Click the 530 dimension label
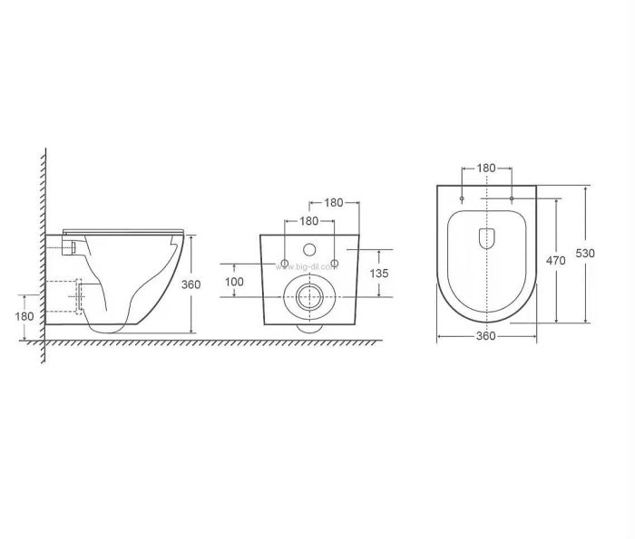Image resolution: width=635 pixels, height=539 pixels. click(x=585, y=254)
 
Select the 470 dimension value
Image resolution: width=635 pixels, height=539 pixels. click(x=555, y=261)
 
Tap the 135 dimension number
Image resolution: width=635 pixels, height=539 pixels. click(x=379, y=274)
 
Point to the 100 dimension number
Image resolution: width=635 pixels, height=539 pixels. click(x=234, y=282)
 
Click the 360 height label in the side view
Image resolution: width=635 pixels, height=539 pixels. click(x=190, y=284)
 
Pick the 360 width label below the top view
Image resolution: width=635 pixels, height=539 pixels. click(x=485, y=336)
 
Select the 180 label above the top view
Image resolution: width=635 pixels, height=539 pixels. click(x=486, y=168)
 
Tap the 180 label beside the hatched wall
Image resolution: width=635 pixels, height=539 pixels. click(x=24, y=316)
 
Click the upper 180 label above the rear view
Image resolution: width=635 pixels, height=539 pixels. click(x=334, y=203)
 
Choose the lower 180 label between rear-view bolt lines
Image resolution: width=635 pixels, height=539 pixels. click(x=309, y=221)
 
